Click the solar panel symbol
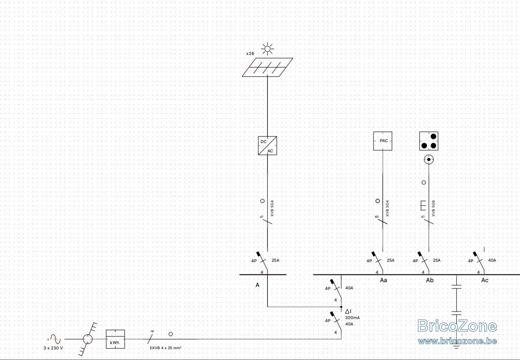tap(267, 67)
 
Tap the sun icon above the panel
tap(267, 49)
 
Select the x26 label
tap(250, 54)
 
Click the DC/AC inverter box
tap(267, 146)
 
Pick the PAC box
tap(383, 141)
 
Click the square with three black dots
tap(429, 141)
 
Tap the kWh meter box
tap(115, 339)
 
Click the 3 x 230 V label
tap(53, 348)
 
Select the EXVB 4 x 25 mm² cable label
tap(166, 348)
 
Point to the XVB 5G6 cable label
tap(433, 209)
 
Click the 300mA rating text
tap(352, 317)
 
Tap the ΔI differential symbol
tap(348, 311)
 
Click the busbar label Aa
tap(383, 280)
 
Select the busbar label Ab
tap(430, 280)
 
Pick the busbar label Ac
tap(485, 280)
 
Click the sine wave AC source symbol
tap(55, 339)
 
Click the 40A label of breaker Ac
tap(492, 260)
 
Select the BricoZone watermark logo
tap(457, 332)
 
